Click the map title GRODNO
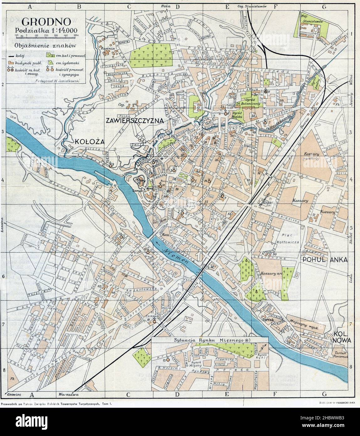pyautogui.click(x=45, y=22)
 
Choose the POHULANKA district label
pyautogui.click(x=325, y=260)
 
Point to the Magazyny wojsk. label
pyautogui.click(x=304, y=327)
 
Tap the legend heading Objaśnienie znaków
pyautogui.click(x=45, y=45)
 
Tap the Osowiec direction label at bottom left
pyautogui.click(x=13, y=394)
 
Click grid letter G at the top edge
pyautogui.click(x=324, y=7)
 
